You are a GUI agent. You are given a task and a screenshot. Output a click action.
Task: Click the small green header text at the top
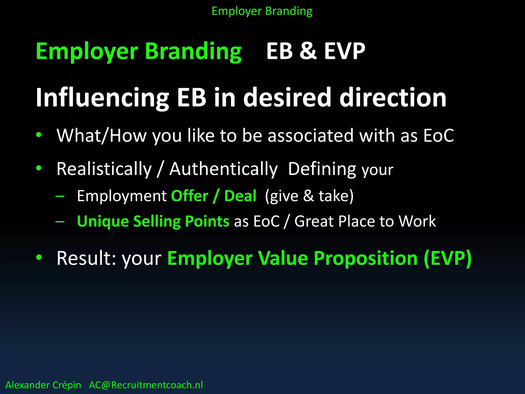[x=262, y=11]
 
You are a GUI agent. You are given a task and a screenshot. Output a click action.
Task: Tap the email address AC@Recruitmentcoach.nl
[x=146, y=385]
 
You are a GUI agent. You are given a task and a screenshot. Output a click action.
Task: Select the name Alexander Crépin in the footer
[x=43, y=385]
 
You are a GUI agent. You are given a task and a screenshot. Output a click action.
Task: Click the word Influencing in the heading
[x=102, y=98]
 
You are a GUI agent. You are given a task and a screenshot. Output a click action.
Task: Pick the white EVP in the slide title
[x=345, y=51]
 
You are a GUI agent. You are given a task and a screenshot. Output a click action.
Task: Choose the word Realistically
[x=104, y=169]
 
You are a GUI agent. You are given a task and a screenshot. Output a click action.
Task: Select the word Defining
[x=322, y=169]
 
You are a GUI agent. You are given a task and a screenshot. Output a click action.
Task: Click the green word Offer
[x=189, y=196]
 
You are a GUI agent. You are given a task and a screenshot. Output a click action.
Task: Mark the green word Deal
[x=240, y=196]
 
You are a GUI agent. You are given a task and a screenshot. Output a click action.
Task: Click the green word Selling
[x=157, y=221]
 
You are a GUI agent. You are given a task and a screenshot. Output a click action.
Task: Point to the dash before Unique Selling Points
[x=60, y=221]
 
